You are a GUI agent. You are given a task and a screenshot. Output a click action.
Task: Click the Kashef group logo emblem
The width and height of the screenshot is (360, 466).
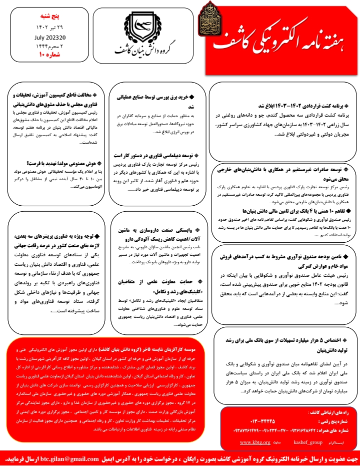coord(146,31)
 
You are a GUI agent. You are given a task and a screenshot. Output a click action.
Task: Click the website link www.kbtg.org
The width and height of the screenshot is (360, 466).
coord(255,442)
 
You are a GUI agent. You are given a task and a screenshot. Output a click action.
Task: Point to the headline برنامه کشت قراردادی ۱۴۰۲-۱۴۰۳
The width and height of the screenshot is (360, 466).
coord(306,107)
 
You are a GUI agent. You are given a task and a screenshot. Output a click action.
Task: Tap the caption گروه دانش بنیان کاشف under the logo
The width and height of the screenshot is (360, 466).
coord(146,52)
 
